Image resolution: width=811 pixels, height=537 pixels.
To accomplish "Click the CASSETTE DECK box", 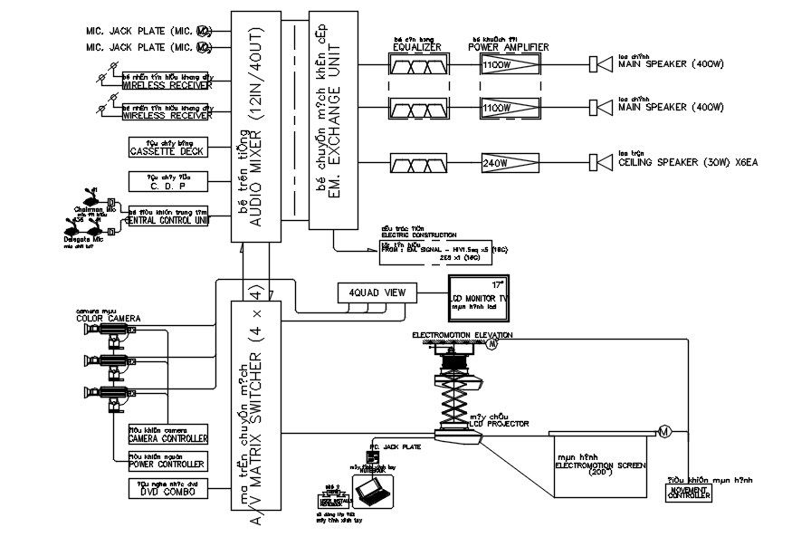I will coord(167,148).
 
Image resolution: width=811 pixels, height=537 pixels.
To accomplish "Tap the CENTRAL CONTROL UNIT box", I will coord(167,216).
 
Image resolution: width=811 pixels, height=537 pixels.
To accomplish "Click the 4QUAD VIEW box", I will coord(377,292).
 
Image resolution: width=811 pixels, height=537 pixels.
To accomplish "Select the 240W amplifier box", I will coord(510,163).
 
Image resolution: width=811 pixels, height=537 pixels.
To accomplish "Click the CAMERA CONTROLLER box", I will coord(168,436).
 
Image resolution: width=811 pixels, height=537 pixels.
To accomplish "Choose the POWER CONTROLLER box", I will coord(168,461).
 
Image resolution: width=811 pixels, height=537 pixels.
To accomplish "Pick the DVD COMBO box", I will coord(168,489).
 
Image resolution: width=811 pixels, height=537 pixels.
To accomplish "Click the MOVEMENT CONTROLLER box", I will coord(690,492).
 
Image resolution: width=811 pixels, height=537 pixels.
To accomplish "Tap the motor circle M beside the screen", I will coord(664,431).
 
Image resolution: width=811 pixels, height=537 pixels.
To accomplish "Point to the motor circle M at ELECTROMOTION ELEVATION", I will coord(493,344).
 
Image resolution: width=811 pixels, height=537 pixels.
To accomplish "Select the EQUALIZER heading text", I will coord(417,47).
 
